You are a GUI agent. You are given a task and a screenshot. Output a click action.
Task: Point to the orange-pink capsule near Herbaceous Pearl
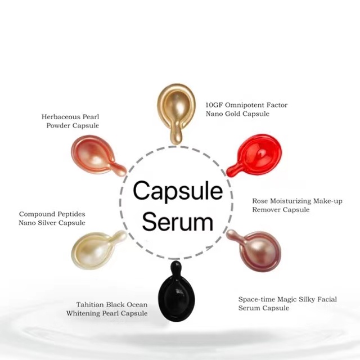click(x=91, y=154)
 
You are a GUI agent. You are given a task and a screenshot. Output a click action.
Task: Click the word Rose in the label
click(x=262, y=201)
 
